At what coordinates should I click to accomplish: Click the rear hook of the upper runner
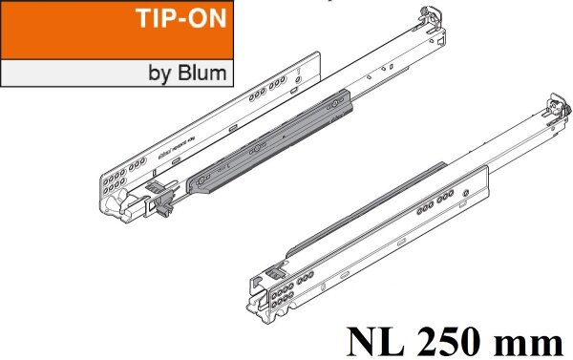point(429,18)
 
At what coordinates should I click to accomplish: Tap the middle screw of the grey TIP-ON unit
point(258,149)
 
